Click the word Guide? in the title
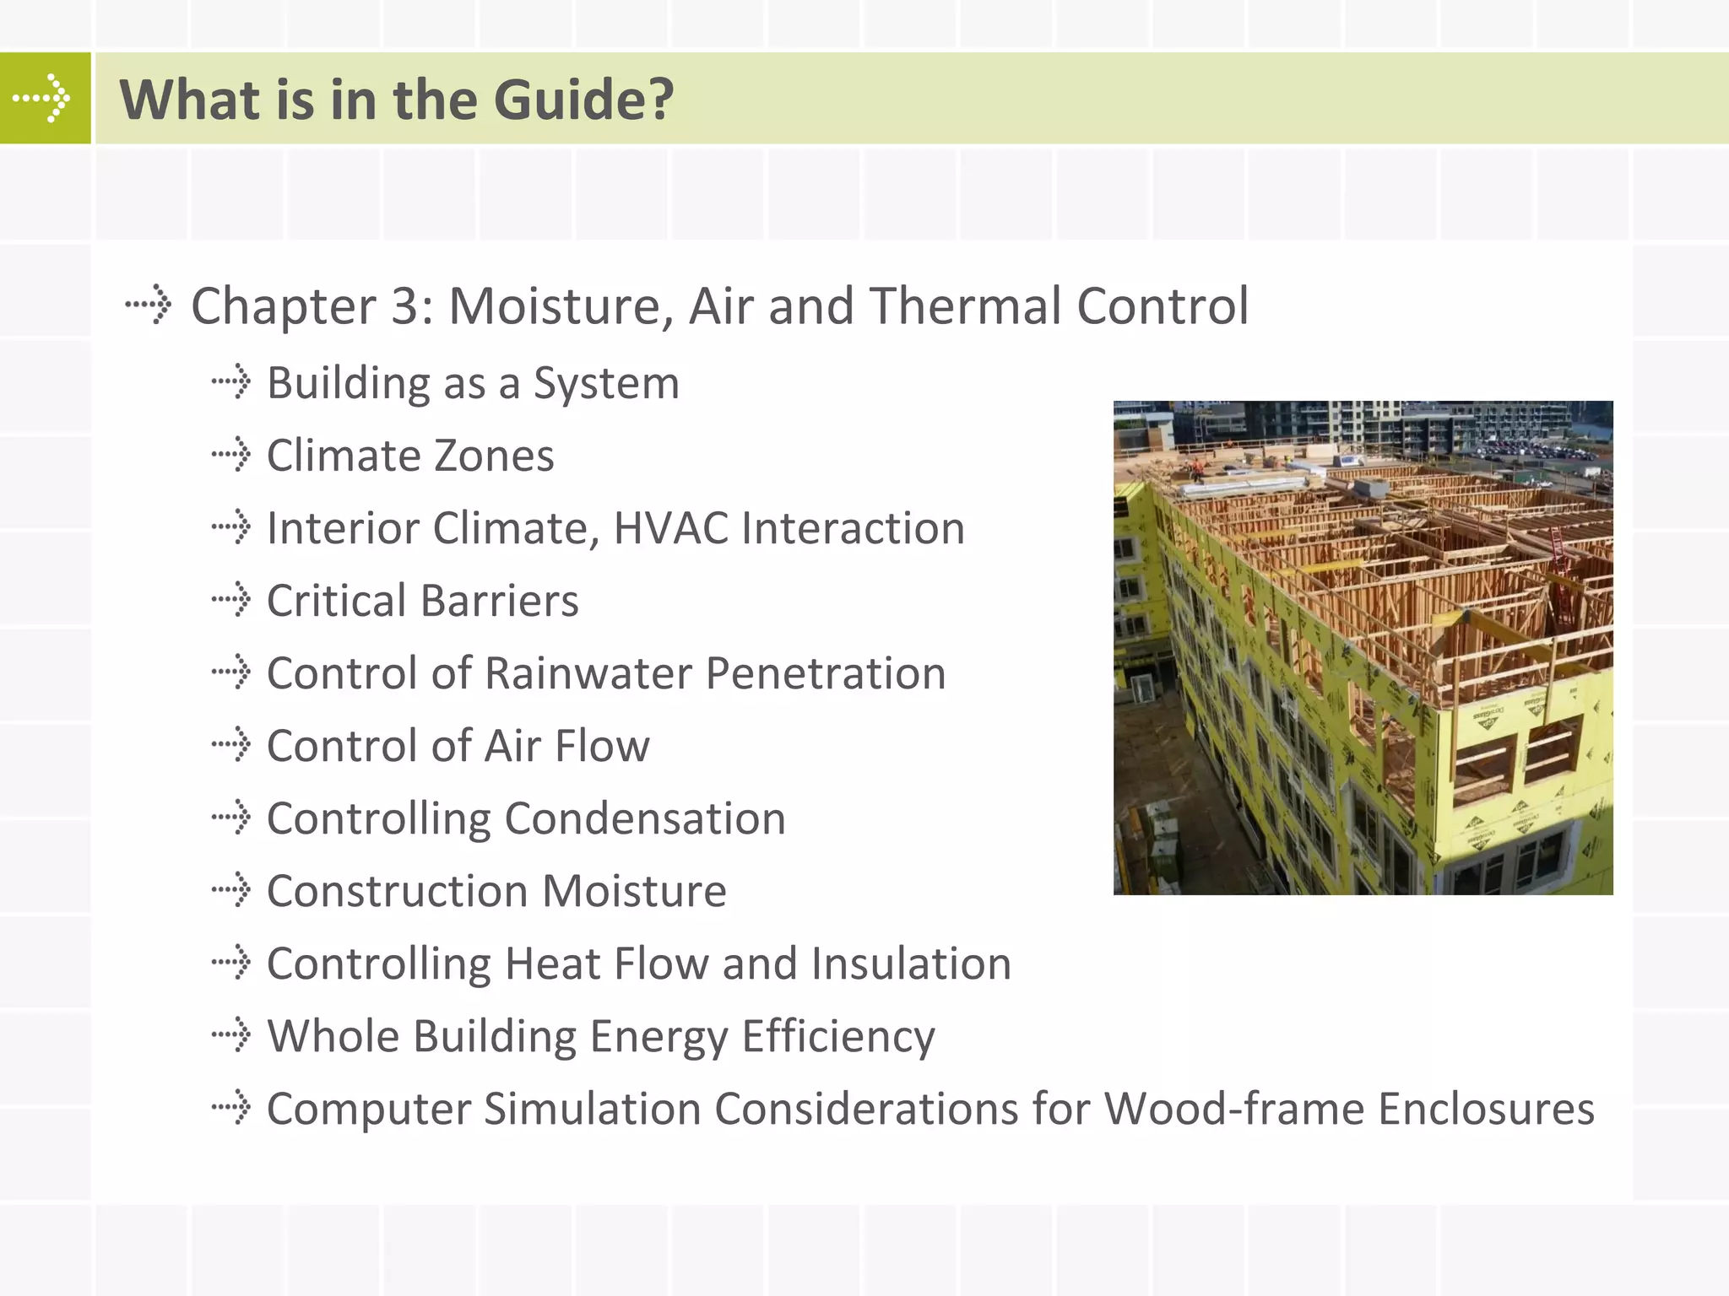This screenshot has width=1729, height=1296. point(583,100)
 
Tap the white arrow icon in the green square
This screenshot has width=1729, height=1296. point(42,99)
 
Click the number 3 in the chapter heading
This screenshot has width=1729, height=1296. point(410,305)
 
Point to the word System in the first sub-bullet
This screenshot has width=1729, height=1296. point(606,384)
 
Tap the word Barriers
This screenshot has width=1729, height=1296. point(499,601)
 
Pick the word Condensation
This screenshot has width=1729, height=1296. point(645,818)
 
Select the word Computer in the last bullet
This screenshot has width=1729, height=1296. point(368,1109)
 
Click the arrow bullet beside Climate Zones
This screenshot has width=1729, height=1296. point(231,456)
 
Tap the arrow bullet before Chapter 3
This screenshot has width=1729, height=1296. point(149,305)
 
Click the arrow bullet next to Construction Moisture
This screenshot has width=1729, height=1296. point(231,891)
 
